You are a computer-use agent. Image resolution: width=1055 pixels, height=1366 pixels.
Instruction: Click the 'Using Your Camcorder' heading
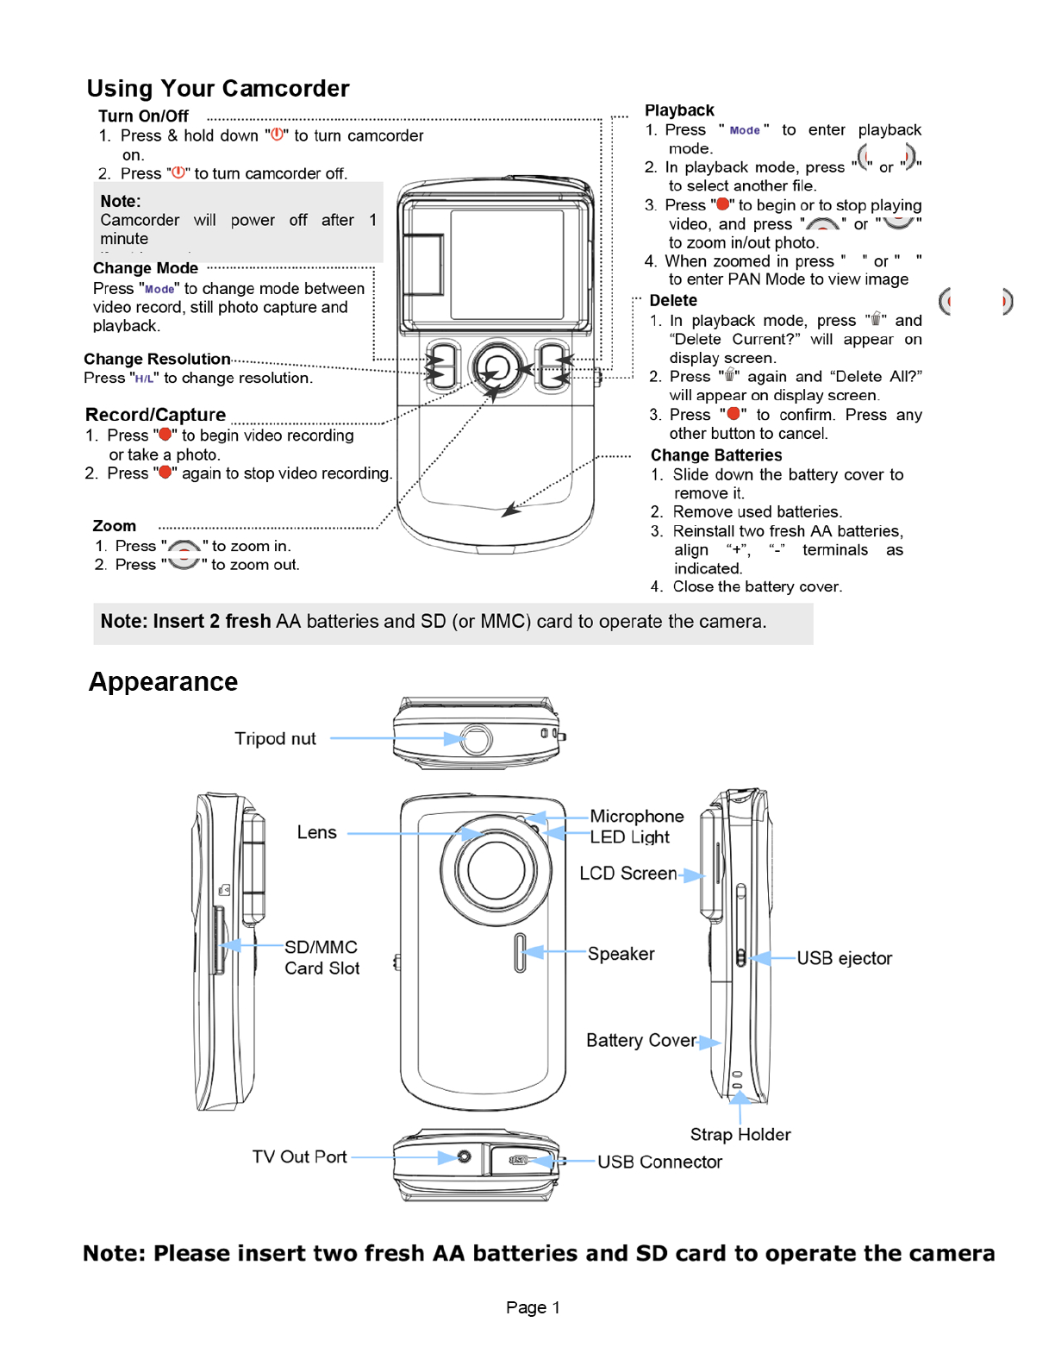[218, 89]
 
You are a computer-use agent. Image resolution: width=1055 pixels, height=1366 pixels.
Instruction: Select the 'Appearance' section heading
[163, 682]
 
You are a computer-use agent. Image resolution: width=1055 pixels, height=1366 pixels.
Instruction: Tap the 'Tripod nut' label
[275, 739]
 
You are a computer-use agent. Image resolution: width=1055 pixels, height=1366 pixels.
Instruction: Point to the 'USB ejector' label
[844, 958]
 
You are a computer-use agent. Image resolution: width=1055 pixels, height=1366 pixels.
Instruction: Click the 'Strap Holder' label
[740, 1135]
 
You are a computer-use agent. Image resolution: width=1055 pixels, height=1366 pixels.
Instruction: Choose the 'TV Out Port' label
[299, 1157]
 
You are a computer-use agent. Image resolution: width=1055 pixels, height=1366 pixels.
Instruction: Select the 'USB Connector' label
[659, 1162]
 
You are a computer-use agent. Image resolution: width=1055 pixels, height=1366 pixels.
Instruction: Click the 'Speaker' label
[621, 954]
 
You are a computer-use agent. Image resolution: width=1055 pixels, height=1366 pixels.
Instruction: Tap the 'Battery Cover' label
[640, 1041]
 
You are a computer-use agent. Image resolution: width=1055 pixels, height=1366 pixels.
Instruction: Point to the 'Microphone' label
[636, 817]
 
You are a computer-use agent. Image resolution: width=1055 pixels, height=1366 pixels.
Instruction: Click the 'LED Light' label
[629, 837]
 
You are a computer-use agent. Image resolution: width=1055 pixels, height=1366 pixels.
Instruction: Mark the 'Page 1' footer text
[533, 1307]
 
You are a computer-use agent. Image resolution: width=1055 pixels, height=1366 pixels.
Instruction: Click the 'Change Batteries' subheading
[715, 455]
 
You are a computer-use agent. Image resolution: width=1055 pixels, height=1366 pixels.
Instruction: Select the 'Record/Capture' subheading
[155, 415]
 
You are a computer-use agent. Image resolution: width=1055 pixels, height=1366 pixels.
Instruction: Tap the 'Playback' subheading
[679, 110]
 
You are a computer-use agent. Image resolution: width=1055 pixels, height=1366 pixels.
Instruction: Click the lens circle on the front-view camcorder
[496, 869]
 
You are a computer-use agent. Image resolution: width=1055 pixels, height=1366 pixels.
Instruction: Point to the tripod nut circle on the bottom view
[476, 739]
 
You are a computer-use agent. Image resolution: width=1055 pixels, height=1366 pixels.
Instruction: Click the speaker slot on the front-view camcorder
[520, 952]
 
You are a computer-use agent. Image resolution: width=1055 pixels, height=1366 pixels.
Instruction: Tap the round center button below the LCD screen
[496, 368]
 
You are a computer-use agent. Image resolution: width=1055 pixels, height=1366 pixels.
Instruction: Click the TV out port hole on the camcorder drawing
[464, 1156]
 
